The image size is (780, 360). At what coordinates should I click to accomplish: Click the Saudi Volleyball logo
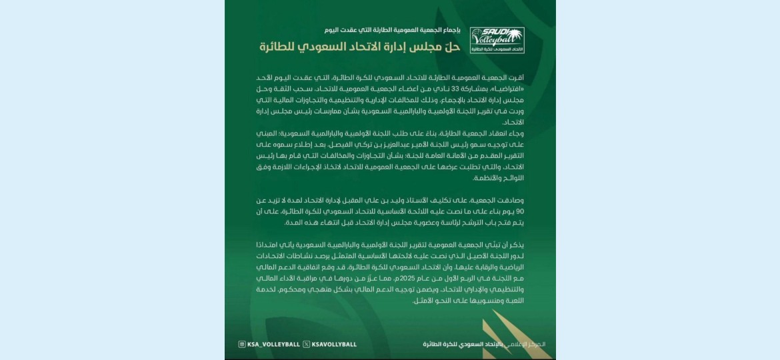497,41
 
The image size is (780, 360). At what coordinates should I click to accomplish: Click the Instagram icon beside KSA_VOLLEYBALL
242,344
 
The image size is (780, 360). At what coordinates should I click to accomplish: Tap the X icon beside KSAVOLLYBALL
305,344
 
